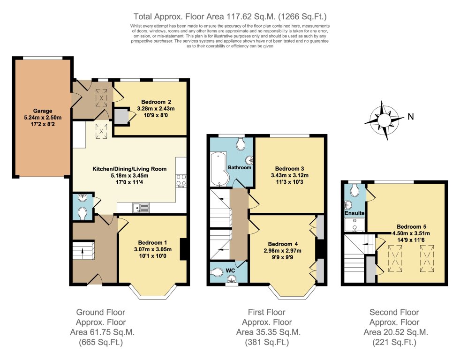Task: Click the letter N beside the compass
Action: click(410, 117)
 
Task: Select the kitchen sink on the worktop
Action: click(141, 206)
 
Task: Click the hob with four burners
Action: click(181, 180)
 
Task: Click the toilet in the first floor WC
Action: click(218, 272)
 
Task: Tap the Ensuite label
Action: click(355, 213)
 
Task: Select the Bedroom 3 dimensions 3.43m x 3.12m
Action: click(290, 175)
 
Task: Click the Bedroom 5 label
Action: click(410, 226)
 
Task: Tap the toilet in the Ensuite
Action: click(355, 190)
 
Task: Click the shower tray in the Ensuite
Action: click(355, 226)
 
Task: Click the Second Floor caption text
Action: click(394, 312)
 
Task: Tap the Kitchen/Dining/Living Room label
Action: click(129, 169)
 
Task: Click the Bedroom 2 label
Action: click(153, 102)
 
